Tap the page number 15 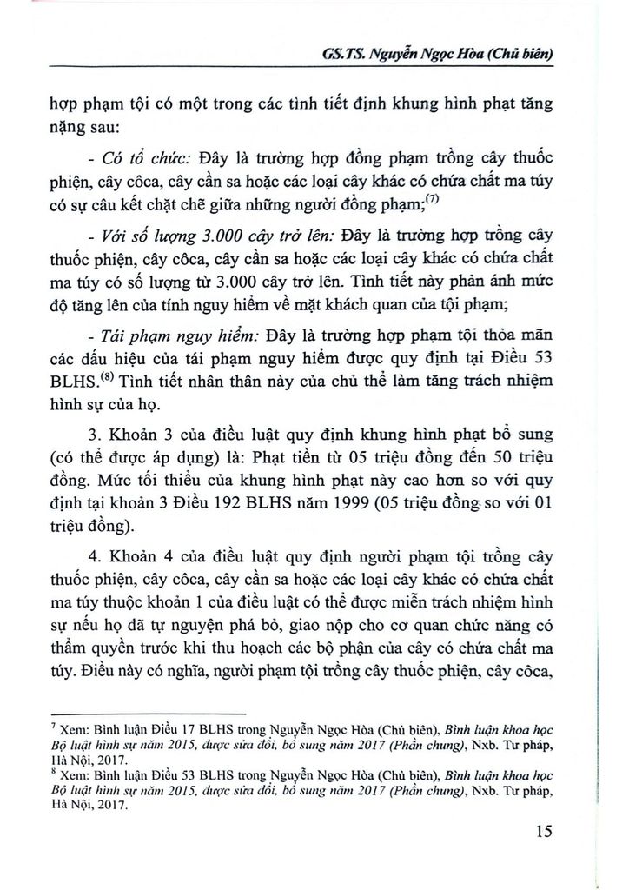545,831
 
